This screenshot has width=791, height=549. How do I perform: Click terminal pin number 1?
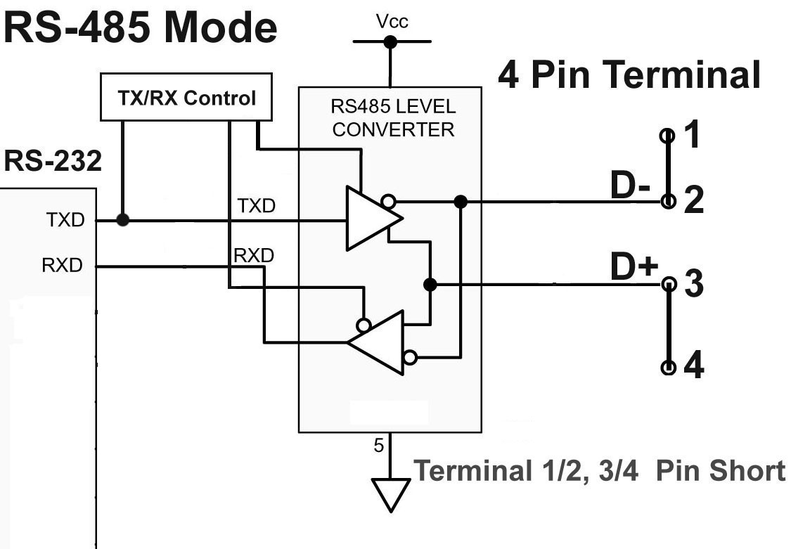point(693,134)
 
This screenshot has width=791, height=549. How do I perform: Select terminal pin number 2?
point(693,201)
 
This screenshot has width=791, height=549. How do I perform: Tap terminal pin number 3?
point(693,285)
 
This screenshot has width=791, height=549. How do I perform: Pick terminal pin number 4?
point(693,366)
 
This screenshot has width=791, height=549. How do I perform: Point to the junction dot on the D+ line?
point(430,285)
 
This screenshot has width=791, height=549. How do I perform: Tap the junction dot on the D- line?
point(461,202)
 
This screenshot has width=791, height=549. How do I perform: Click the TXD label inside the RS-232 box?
point(67,220)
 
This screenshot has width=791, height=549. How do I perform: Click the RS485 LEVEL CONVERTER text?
point(392,119)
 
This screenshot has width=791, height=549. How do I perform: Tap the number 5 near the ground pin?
point(378,446)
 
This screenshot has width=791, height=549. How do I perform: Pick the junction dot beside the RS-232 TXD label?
point(122,220)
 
